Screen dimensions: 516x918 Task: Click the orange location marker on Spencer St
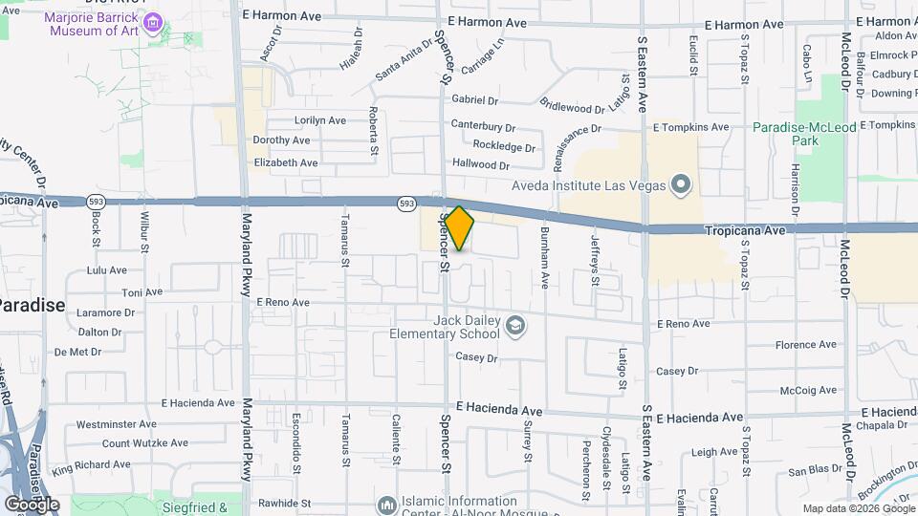(459, 227)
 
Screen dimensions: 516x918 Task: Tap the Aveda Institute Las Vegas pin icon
(680, 183)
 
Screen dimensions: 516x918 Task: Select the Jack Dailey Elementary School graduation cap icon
(515, 327)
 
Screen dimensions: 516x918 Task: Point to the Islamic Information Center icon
(386, 504)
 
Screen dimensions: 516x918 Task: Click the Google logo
(32, 505)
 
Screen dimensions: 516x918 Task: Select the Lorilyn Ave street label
(319, 120)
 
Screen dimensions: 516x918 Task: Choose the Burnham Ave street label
(544, 259)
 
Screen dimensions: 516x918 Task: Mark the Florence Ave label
(805, 345)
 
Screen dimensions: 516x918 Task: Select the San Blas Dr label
(815, 471)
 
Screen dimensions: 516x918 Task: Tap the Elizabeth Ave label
(285, 162)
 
